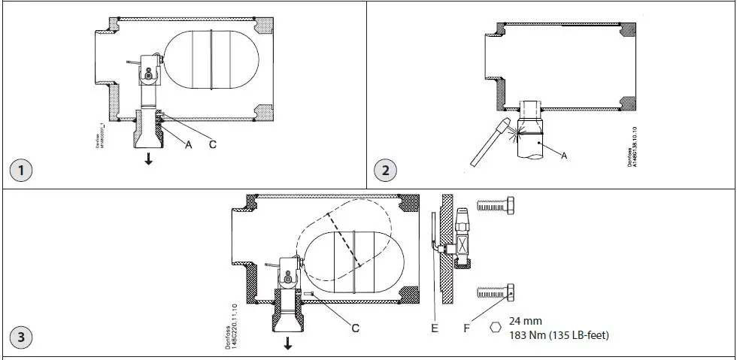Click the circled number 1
tap(22, 170)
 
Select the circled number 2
tap(386, 170)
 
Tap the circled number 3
tap(22, 337)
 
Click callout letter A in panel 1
tap(189, 144)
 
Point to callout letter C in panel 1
tap(213, 144)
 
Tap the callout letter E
tap(435, 328)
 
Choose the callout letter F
tap(468, 328)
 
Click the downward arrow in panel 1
tap(148, 159)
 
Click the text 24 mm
tap(525, 320)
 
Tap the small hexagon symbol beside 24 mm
tap(495, 328)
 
